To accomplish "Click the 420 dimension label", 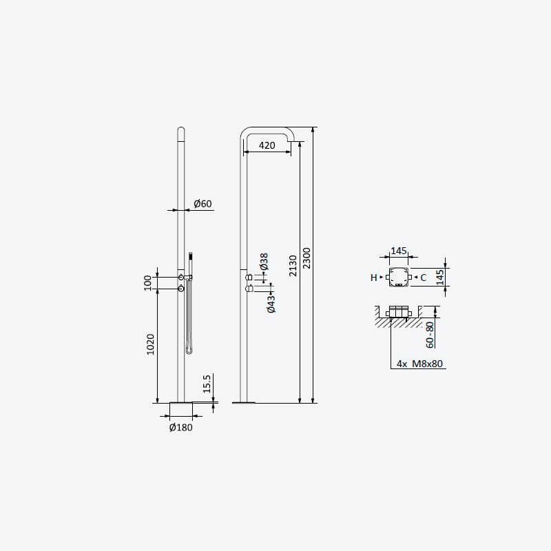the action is [267, 145].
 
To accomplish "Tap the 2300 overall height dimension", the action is [306, 258].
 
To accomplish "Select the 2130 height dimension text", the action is [293, 266].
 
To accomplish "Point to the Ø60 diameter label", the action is [202, 203].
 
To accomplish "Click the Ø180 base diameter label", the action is [181, 427].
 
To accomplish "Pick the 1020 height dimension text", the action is [150, 344].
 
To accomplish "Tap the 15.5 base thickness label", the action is [207, 384].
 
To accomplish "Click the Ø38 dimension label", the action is [264, 262].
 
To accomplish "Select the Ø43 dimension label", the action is [271, 304].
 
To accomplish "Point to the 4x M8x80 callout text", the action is [419, 364].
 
